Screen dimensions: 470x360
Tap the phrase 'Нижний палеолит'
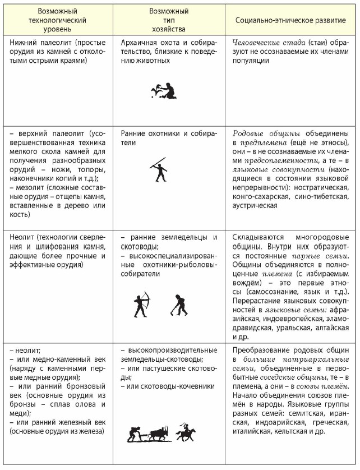(x=36, y=42)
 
